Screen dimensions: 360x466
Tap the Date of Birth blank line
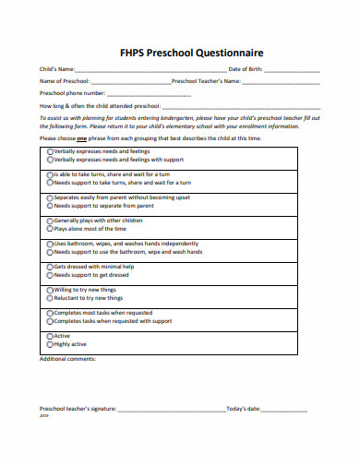pos(294,70)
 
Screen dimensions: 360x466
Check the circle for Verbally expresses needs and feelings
pos(50,150)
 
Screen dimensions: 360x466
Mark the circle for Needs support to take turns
pos(50,182)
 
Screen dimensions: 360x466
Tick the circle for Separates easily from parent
pos(50,197)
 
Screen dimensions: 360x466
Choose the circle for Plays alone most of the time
pos(50,228)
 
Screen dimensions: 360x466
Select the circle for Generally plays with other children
pos(50,221)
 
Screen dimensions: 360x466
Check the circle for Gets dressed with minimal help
pos(50,267)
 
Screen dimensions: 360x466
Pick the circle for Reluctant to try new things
pos(50,298)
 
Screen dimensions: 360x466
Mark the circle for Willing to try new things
pos(50,290)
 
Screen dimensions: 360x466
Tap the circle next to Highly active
pos(50,344)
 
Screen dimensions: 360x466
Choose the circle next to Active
pos(50,336)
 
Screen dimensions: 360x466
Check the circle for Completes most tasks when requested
pos(50,313)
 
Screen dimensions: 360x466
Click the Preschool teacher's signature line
pos(171,408)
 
